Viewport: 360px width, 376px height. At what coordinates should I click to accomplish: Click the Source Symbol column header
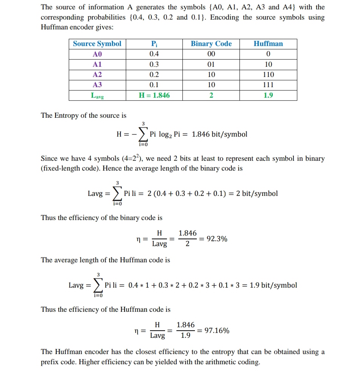coord(97,44)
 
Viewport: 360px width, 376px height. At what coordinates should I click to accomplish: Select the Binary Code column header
coord(211,44)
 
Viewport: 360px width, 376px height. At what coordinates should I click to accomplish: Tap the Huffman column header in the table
coord(268,44)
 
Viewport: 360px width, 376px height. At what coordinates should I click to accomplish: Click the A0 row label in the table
coord(97,54)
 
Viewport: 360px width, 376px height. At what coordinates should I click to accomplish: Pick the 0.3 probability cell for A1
coord(154,64)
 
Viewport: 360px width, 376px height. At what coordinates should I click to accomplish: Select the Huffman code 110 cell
coord(268,75)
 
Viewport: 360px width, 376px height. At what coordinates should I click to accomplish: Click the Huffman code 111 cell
coord(268,85)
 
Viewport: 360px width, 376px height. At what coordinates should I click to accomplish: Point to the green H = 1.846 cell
coord(154,96)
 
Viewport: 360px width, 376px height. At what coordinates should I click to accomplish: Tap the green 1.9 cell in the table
coord(268,96)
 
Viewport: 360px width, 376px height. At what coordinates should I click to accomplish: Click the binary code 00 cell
coord(211,54)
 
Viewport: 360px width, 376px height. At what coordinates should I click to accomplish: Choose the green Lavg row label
coord(97,96)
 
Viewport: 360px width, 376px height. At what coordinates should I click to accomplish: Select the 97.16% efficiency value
coord(216,331)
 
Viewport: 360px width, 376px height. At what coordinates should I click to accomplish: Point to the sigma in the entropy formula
coord(143,134)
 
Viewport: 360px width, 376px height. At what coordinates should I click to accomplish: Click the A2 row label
coord(97,75)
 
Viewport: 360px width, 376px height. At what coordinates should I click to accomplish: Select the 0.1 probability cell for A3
coord(154,85)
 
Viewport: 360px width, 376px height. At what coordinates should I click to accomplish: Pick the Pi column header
coord(154,44)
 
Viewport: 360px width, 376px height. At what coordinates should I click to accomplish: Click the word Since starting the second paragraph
coord(49,159)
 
